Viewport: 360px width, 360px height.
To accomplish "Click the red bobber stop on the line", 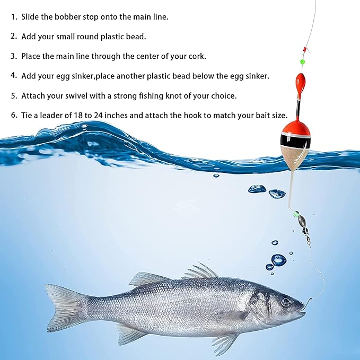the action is point(305,49).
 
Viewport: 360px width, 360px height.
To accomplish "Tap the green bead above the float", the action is point(302,62).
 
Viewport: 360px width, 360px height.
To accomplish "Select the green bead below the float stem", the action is point(295,215).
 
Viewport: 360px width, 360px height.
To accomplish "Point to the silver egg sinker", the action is point(301,222).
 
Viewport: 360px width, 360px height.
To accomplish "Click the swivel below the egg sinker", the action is point(306,236).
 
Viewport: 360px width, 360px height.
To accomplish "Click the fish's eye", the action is point(286,301).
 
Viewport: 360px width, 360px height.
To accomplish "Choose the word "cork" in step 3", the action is point(197,57).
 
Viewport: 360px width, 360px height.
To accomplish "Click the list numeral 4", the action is point(14,75).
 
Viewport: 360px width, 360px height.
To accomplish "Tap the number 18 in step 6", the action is point(78,115).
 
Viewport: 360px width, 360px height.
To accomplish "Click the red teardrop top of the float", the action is point(300,82).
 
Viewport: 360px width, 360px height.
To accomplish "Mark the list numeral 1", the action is point(14,16).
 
